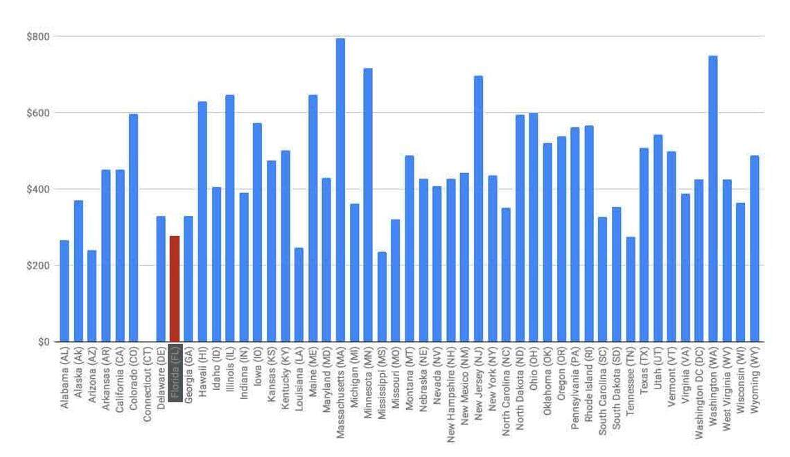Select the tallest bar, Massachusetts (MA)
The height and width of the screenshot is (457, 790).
340,190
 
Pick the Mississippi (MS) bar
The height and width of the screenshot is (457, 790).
382,297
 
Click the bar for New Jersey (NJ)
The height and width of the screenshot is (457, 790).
478,208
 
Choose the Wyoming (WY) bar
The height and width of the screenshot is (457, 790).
755,249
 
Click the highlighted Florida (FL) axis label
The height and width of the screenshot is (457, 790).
175,378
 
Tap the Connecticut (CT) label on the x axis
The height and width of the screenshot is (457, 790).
147,385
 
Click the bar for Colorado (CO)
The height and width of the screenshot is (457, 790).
133,228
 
